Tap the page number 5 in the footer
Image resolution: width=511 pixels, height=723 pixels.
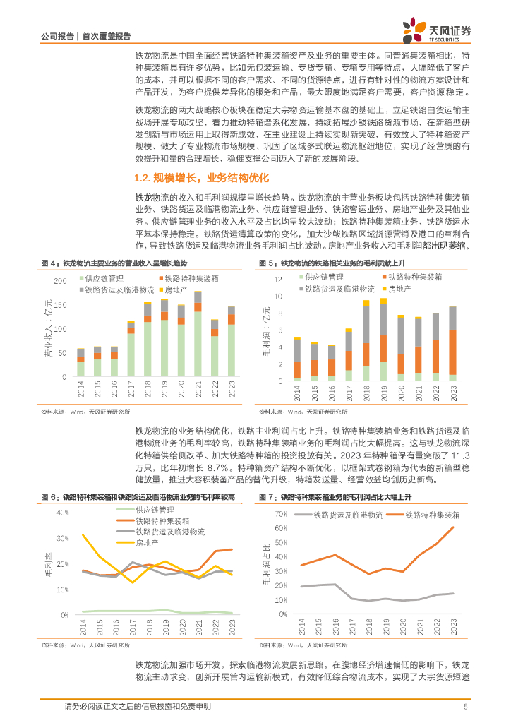click(466, 706)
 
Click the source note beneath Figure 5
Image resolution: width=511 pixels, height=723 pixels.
click(303, 410)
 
